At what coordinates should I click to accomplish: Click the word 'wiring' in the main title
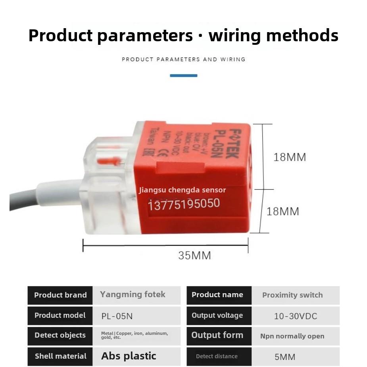click(x=234, y=36)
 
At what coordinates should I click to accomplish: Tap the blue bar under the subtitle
click(x=183, y=75)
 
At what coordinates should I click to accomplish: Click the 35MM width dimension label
click(x=194, y=256)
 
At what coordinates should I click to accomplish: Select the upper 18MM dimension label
click(x=290, y=157)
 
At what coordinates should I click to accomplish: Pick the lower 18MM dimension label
click(x=283, y=211)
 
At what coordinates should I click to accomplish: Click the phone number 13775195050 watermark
click(x=184, y=204)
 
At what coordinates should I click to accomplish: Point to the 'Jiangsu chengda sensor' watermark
click(x=183, y=190)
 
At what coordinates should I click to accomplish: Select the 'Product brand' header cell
click(x=60, y=295)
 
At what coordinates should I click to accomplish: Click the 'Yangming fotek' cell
click(x=137, y=295)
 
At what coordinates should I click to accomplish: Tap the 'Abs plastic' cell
click(x=137, y=356)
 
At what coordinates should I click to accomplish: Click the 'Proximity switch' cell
click(x=296, y=295)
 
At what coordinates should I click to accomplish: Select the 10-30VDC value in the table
click(x=296, y=316)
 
